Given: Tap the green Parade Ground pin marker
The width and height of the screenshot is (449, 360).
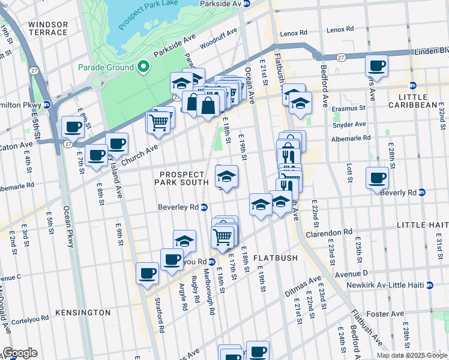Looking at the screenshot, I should point(143,67).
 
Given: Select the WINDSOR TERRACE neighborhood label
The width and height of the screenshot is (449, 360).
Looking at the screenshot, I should point(48,28).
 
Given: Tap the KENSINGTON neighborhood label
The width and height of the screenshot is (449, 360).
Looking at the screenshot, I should point(83,313).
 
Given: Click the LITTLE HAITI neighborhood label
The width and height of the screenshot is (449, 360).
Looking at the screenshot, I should point(423,224).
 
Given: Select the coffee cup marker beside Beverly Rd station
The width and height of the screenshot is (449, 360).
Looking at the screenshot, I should point(377,178).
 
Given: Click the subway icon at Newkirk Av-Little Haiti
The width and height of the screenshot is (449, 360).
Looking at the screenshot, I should point(429,285).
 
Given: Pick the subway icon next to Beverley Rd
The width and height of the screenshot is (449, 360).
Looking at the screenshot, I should point(205,208).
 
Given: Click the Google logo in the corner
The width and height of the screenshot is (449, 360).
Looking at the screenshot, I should point(20,353).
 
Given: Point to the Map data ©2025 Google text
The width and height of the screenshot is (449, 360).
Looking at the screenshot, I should point(412,355).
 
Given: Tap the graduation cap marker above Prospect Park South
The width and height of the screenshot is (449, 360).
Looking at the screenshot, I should point(226,176).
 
